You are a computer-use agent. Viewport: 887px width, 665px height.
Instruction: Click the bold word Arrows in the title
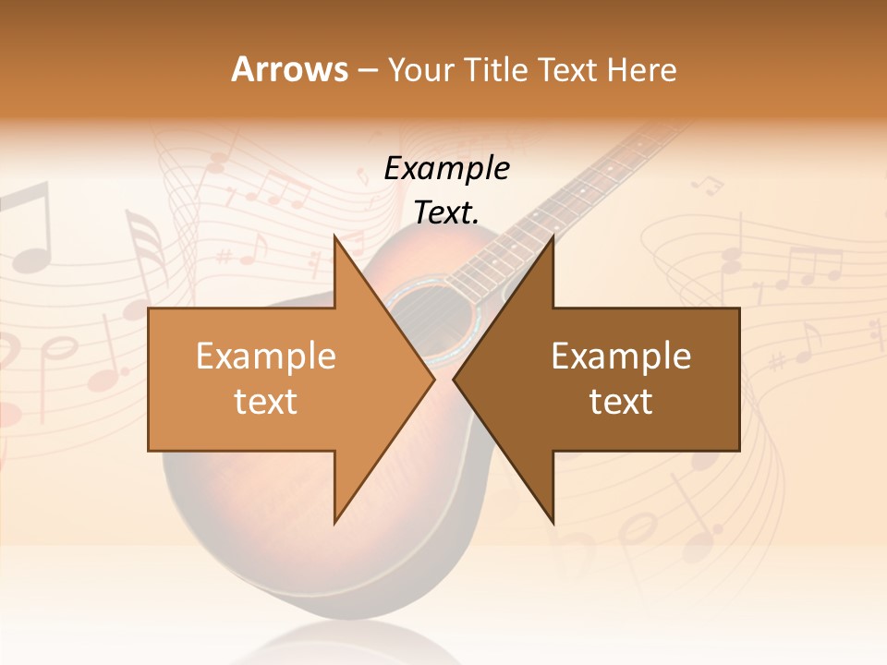pyautogui.click(x=289, y=69)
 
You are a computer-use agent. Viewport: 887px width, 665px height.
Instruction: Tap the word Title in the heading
pyautogui.click(x=495, y=69)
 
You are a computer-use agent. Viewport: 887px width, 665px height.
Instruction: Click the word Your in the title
pyautogui.click(x=420, y=70)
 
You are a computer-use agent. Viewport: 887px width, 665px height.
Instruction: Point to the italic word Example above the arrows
pyautogui.click(x=446, y=169)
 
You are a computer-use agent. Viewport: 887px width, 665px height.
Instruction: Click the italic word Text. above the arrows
pyautogui.click(x=446, y=213)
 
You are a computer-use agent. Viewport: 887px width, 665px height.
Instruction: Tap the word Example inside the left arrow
pyautogui.click(x=265, y=357)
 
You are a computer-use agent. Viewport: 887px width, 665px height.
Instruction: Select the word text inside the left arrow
pyautogui.click(x=265, y=402)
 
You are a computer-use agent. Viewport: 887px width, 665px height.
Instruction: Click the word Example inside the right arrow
pyautogui.click(x=621, y=357)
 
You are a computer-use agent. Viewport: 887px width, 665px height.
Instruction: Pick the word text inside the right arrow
pyautogui.click(x=621, y=402)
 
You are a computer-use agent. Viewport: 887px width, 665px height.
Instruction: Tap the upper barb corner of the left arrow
pyautogui.click(x=335, y=236)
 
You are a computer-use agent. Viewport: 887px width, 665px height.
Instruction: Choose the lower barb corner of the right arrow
pyautogui.click(x=553, y=522)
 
